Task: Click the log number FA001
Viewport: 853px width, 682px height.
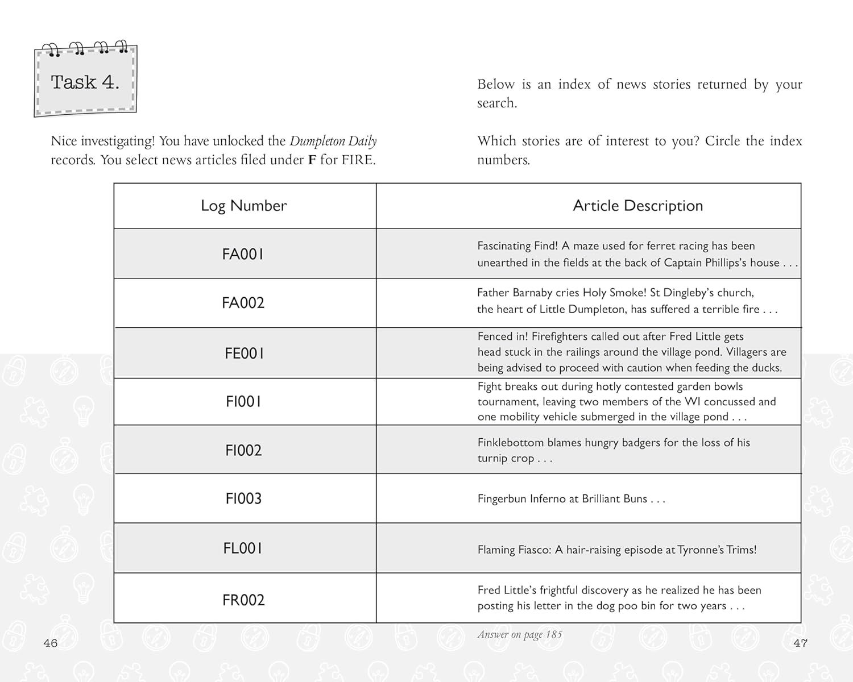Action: pos(243,254)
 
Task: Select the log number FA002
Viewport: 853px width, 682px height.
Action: pos(243,302)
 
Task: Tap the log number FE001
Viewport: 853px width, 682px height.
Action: pos(244,353)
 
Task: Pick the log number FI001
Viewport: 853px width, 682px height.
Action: pos(243,402)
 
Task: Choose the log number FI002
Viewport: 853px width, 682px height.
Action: pos(243,451)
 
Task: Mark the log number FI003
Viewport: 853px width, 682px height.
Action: pos(243,498)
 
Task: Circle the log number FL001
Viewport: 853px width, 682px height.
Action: pos(243,548)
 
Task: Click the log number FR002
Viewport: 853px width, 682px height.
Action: pos(243,600)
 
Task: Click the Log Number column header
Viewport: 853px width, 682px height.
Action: pos(243,206)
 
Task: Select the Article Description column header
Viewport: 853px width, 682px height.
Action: pos(637,206)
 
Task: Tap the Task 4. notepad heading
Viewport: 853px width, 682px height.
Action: pos(85,82)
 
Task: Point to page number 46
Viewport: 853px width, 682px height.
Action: pos(51,643)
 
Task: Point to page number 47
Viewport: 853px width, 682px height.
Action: pos(800,643)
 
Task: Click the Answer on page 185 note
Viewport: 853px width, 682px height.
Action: pos(519,635)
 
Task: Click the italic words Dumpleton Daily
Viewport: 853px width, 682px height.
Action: pos(333,141)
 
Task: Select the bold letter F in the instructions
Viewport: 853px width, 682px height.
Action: pos(312,160)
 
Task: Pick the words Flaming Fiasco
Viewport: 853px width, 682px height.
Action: pos(514,550)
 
